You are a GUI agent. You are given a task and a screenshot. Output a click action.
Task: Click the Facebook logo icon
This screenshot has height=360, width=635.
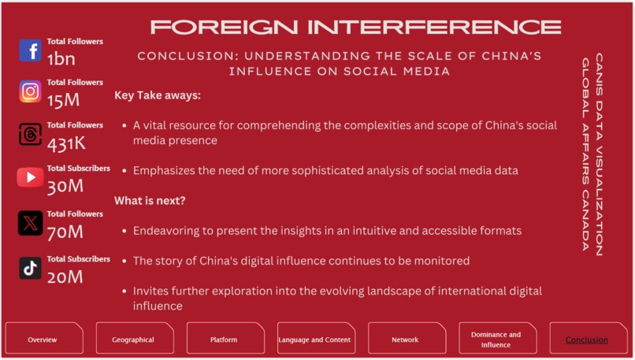pyautogui.click(x=30, y=50)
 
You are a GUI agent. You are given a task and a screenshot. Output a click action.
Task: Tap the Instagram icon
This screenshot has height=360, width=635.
pyautogui.click(x=30, y=91)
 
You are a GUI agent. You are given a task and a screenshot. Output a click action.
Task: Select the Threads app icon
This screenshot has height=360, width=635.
pyautogui.click(x=30, y=135)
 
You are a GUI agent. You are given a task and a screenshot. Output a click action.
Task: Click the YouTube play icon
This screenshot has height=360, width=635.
pyautogui.click(x=30, y=177)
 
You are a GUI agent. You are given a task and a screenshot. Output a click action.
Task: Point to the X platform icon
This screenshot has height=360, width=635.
pyautogui.click(x=30, y=223)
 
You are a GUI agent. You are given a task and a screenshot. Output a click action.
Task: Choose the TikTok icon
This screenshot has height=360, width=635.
pyautogui.click(x=30, y=268)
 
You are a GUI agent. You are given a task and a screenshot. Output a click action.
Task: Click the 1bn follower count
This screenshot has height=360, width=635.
pyautogui.click(x=61, y=58)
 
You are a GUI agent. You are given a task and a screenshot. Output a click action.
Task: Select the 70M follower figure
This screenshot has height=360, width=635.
pyautogui.click(x=65, y=232)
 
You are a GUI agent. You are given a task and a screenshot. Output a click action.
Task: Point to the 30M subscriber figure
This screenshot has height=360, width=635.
pyautogui.click(x=65, y=186)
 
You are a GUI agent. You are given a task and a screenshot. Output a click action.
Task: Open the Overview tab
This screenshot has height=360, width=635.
pyautogui.click(x=43, y=340)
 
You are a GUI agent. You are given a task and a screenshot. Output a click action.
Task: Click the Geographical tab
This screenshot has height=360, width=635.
pyautogui.click(x=133, y=340)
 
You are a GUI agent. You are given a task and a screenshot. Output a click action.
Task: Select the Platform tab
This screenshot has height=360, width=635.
pyautogui.click(x=224, y=340)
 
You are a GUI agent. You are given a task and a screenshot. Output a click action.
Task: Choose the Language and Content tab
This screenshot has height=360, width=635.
pyautogui.click(x=315, y=340)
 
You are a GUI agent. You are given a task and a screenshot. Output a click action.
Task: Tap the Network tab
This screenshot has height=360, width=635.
pyautogui.click(x=405, y=340)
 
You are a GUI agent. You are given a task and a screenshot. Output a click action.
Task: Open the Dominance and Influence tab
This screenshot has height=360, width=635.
pyautogui.click(x=496, y=340)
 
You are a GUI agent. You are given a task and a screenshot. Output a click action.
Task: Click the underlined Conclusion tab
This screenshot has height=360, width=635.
pyautogui.click(x=587, y=340)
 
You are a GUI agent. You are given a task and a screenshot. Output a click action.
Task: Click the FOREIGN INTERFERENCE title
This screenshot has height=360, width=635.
pyautogui.click(x=355, y=28)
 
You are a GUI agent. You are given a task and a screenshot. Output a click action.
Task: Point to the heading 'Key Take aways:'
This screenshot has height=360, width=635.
pyautogui.click(x=158, y=95)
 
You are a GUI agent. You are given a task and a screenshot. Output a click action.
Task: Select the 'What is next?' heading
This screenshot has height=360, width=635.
pyautogui.click(x=150, y=201)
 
